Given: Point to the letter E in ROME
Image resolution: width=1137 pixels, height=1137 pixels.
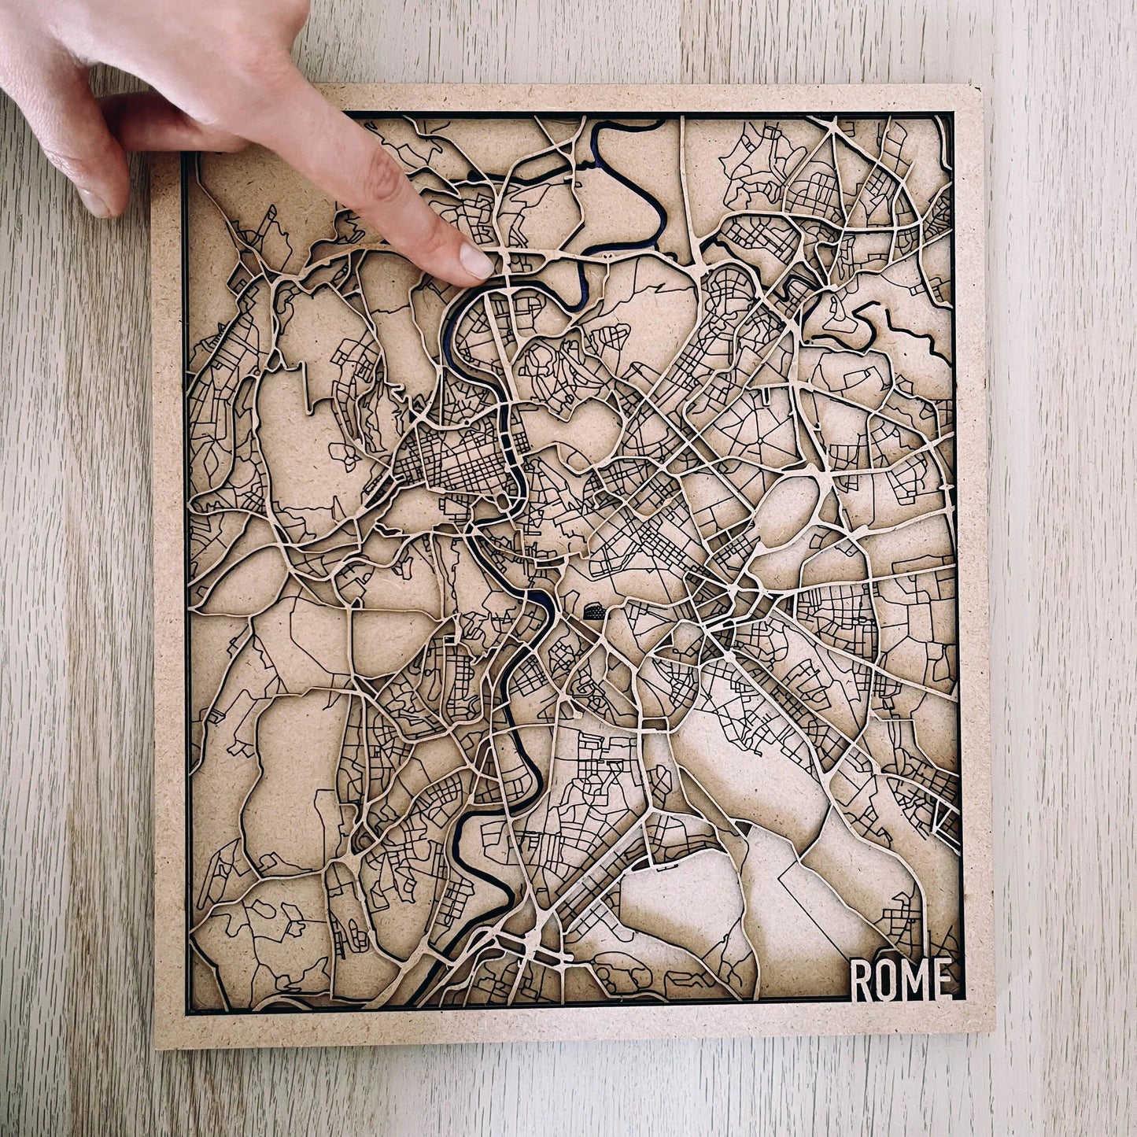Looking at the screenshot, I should [947, 980].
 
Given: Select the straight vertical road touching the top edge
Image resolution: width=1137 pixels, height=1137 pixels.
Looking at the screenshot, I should [681, 157].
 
